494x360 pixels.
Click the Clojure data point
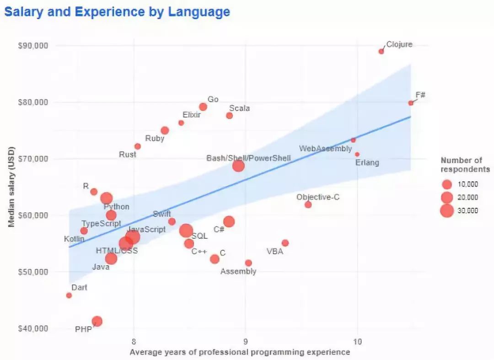[381, 51]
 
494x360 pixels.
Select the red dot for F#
[411, 103]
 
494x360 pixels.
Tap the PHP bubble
[97, 321]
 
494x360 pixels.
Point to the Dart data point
[69, 296]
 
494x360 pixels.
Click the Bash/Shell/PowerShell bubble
[238, 166]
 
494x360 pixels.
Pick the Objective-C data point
[308, 204]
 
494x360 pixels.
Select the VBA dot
[285, 243]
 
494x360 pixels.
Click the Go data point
[203, 107]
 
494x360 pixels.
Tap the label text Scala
[239, 108]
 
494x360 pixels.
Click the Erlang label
[367, 162]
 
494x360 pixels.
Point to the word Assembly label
[238, 271]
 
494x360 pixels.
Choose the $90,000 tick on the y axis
[32, 46]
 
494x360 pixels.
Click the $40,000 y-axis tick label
[32, 328]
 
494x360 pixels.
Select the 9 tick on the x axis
[246, 341]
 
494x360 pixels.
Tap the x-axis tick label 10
[357, 341]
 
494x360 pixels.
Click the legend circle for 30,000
[447, 210]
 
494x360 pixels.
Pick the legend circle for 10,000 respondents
[447, 184]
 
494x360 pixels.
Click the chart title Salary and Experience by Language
[117, 12]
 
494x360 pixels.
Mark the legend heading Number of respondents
[465, 165]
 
